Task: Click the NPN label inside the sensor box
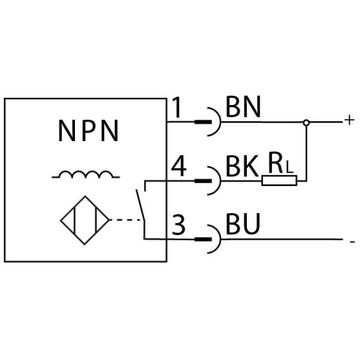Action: click(88, 131)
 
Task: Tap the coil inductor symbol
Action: click(86, 174)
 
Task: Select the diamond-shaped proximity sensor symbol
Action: click(84, 220)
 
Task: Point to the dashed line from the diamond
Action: click(126, 220)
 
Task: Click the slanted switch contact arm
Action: click(140, 205)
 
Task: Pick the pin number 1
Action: click(177, 107)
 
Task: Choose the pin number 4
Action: click(179, 167)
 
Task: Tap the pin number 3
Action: click(179, 225)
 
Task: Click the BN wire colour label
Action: click(243, 107)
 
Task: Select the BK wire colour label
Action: click(242, 166)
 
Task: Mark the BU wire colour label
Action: click(242, 224)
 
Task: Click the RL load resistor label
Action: click(281, 163)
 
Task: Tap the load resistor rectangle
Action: click(279, 181)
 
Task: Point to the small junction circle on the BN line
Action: click(306, 123)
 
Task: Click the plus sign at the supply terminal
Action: click(349, 120)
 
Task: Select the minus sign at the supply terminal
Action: click(353, 242)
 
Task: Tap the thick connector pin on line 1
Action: click(203, 122)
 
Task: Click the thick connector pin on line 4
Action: click(203, 181)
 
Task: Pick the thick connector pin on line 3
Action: click(203, 240)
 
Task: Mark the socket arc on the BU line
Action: click(220, 239)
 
